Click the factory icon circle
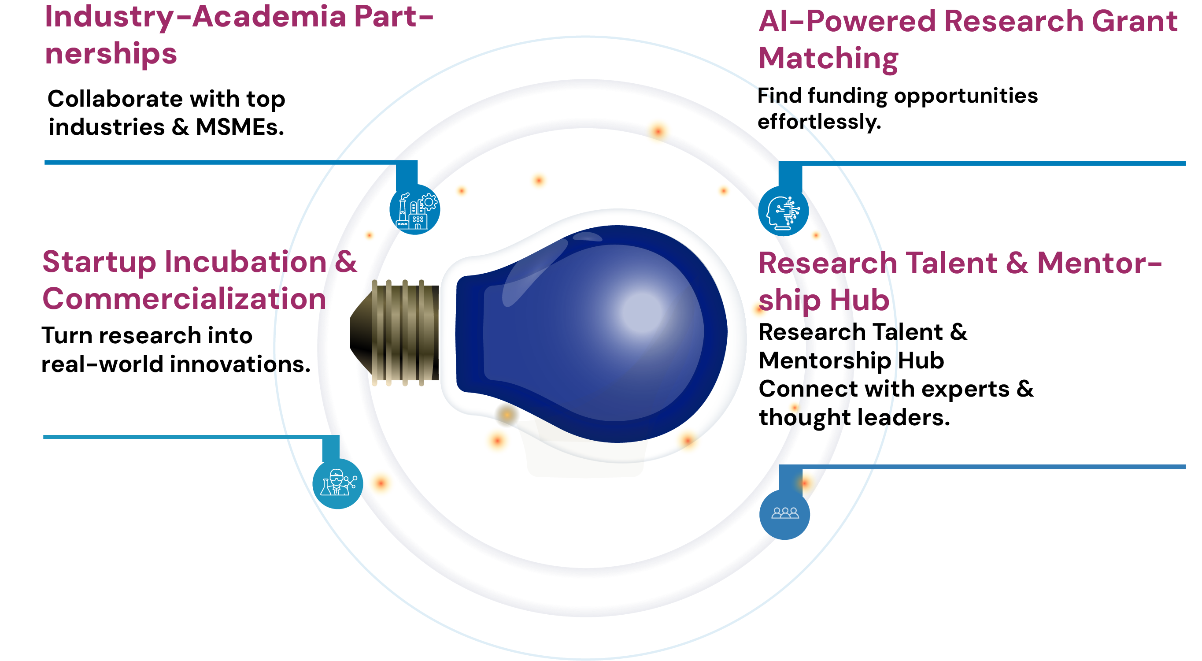pyautogui.click(x=414, y=209)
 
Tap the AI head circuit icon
pyautogui.click(x=783, y=211)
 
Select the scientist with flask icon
pyautogui.click(x=337, y=483)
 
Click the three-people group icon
pyautogui.click(x=784, y=513)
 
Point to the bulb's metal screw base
pyautogui.click(x=396, y=332)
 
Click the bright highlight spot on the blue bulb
pyautogui.click(x=642, y=312)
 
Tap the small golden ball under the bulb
pyautogui.click(x=507, y=414)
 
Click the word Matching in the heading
pyautogui.click(x=828, y=59)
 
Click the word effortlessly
pyautogui.click(x=819, y=123)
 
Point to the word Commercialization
pyautogui.click(x=184, y=299)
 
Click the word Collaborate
pyautogui.click(x=115, y=99)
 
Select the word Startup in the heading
pyautogui.click(x=99, y=262)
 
